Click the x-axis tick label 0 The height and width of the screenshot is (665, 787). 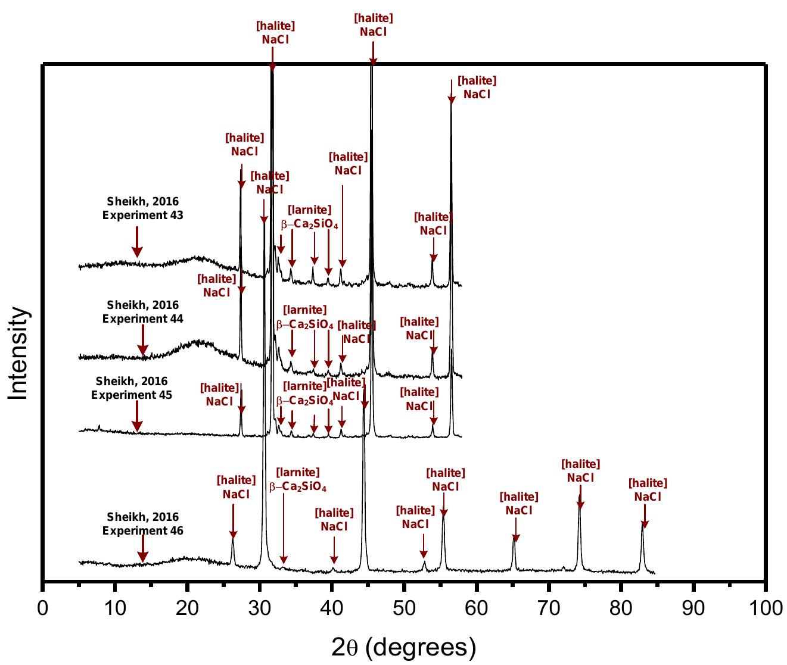(x=42, y=608)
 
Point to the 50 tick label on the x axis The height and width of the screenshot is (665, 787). (x=404, y=608)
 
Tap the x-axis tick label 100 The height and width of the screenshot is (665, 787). (x=766, y=608)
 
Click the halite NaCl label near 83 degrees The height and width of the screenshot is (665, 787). (x=648, y=490)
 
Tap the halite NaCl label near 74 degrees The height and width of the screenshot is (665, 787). (x=581, y=471)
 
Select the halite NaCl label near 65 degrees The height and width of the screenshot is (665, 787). (x=519, y=504)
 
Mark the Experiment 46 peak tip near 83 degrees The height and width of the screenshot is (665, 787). (x=642, y=524)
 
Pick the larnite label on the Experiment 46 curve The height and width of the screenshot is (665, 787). (x=298, y=480)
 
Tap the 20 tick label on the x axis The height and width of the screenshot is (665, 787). (x=187, y=608)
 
